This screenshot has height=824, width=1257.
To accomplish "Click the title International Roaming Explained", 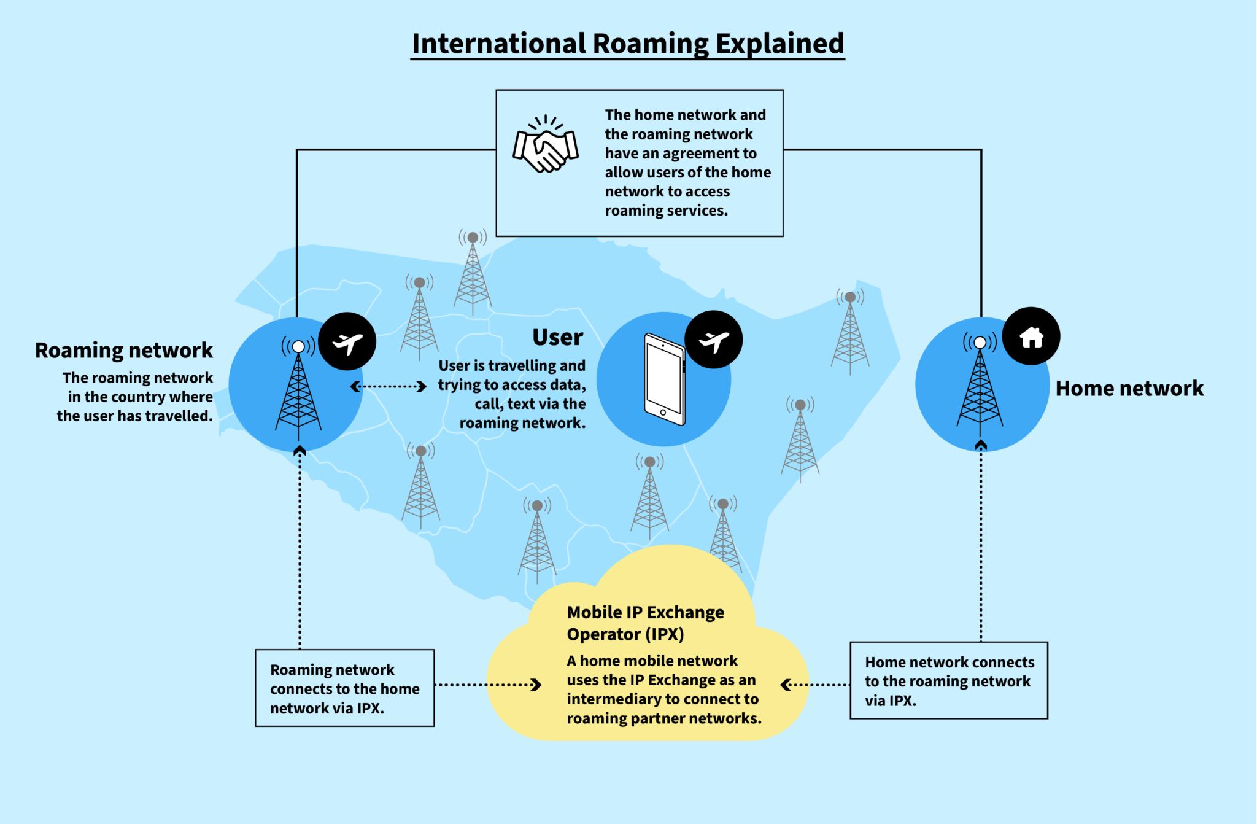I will pos(628,44).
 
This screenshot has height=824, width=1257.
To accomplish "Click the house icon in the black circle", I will pos(1031,336).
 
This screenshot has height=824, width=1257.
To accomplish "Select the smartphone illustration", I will pos(664,379).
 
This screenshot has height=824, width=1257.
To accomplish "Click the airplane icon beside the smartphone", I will pos(714,340).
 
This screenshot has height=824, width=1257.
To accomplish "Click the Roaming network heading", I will pos(124,350).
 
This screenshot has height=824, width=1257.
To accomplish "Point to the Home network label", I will pos(1129,388).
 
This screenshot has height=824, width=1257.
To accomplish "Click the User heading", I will pos(557,337).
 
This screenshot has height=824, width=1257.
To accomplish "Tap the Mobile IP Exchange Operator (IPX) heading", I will pos(644,623).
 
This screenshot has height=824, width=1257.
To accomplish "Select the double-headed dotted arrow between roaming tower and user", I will pos(389,386).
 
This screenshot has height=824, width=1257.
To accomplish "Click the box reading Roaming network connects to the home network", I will pos(345,688).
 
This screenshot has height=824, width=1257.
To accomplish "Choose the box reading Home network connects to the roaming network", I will pos(949,681).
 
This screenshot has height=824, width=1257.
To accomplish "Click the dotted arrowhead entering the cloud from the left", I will pos(537,685).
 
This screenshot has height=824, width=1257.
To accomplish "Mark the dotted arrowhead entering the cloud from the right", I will pos(786,685).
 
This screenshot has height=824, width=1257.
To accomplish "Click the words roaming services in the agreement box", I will pos(666,211).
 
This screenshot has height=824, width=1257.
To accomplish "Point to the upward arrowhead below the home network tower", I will pos(981,445).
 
